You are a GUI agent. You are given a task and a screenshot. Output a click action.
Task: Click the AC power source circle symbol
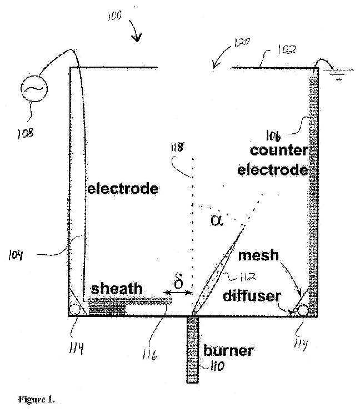pyautogui.click(x=34, y=89)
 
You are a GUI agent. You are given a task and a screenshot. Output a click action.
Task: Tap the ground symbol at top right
pyautogui.click(x=338, y=74)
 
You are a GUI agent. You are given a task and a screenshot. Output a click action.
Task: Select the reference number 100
pyautogui.click(x=114, y=16)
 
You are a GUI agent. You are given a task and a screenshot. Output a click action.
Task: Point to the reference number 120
pyautogui.click(x=242, y=42)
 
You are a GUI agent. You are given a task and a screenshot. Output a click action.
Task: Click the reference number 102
pyautogui.click(x=287, y=49)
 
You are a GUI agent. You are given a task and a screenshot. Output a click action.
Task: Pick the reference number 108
pyautogui.click(x=26, y=134)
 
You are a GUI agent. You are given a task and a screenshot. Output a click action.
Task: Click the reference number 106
pyautogui.click(x=273, y=136)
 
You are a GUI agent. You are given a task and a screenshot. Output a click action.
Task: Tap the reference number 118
pyautogui.click(x=177, y=148)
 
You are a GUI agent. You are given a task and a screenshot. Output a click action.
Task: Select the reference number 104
pyautogui.click(x=16, y=255)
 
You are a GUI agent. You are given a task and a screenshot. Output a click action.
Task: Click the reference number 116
pyautogui.click(x=149, y=355)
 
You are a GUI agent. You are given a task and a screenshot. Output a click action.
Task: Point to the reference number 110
pyautogui.click(x=217, y=366)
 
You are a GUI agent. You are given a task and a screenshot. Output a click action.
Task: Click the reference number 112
pyautogui.click(x=248, y=277)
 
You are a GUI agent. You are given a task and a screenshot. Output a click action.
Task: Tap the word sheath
pyautogui.click(x=117, y=289)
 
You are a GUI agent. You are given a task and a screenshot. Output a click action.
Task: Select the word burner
pyautogui.click(x=228, y=351)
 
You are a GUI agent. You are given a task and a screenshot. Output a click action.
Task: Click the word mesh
pyautogui.click(x=258, y=255)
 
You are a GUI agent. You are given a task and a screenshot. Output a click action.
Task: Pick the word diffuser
pyautogui.click(x=252, y=296)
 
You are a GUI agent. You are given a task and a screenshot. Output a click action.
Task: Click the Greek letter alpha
pyautogui.click(x=217, y=220)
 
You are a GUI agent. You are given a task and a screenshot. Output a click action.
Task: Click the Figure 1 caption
pyautogui.click(x=36, y=400)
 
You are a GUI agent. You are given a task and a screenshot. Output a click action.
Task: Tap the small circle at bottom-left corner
pyautogui.click(x=74, y=310)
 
